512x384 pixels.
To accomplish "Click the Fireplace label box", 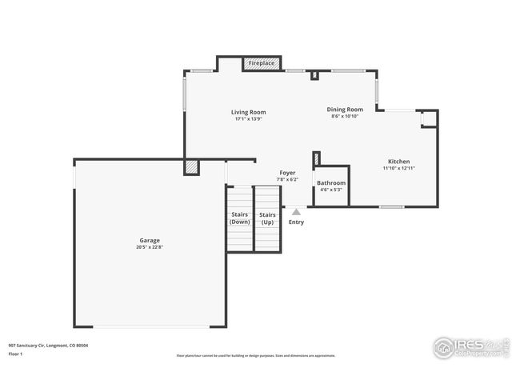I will (262, 62).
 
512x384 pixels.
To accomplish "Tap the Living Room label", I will (249, 112).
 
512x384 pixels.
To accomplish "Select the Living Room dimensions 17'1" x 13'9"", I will (249, 119).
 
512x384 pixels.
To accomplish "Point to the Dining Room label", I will (345, 110).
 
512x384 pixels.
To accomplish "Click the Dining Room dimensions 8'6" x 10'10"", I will (345, 117).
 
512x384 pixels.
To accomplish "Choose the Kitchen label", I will (398, 162).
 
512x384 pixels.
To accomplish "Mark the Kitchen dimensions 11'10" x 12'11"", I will (398, 169).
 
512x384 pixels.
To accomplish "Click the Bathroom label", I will (330, 183).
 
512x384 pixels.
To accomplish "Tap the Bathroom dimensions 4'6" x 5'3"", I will (330, 190).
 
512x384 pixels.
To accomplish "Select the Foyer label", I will (287, 173).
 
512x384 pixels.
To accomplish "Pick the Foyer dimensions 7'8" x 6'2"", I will (287, 180).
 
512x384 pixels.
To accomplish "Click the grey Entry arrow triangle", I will (296, 212).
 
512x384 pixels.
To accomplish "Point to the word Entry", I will (296, 222).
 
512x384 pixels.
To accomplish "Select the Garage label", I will (150, 240).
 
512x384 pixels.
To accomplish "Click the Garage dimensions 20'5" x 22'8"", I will (150, 247).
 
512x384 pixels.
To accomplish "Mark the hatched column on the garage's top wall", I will (191, 166).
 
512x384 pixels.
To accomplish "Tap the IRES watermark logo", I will (470, 347).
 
